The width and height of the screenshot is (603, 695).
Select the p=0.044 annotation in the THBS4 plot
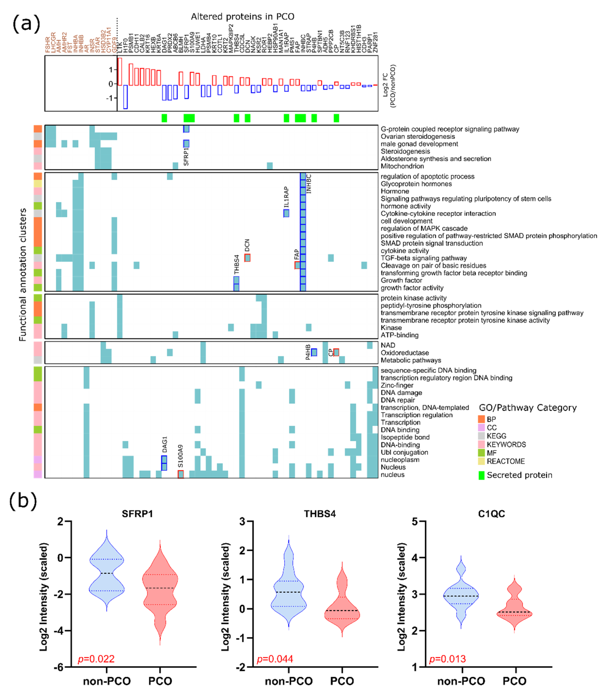coord(275,659)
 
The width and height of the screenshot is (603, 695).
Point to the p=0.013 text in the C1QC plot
coord(448,659)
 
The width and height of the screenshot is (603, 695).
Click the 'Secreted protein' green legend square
coord(481,475)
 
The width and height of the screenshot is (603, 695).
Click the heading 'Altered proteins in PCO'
coord(242,17)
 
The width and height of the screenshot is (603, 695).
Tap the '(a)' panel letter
coord(26,24)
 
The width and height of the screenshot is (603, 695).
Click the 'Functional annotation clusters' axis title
coord(23,275)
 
